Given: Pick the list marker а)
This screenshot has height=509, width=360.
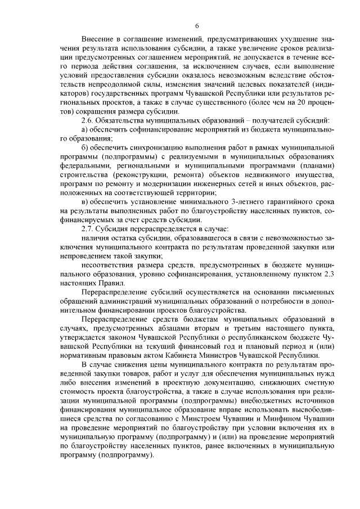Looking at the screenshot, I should click(85, 130).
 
